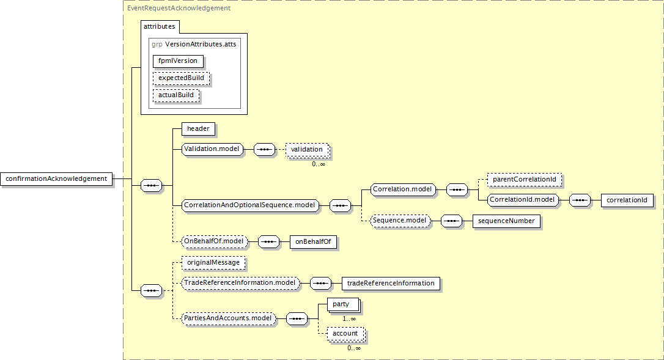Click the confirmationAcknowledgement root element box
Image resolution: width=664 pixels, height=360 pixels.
pyautogui.click(x=57, y=178)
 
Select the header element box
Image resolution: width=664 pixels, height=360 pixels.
pyautogui.click(x=198, y=129)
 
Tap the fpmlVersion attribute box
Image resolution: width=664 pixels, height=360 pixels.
pyautogui.click(x=178, y=61)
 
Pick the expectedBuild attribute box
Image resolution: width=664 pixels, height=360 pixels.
pyautogui.click(x=181, y=78)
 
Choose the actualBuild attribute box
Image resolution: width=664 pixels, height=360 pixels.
pyautogui.click(x=176, y=95)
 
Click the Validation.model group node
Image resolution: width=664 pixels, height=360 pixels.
pyautogui.click(x=212, y=149)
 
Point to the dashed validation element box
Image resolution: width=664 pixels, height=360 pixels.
pyautogui.click(x=307, y=150)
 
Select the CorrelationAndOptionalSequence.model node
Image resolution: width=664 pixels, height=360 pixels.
pyautogui.click(x=250, y=205)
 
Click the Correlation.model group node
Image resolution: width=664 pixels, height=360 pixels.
pyautogui.click(x=403, y=189)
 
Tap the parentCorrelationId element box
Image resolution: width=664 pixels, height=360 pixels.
pyautogui.click(x=525, y=180)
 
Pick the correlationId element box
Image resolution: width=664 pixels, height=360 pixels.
pyautogui.click(x=627, y=200)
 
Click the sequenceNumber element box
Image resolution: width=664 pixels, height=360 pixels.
pyautogui.click(x=506, y=221)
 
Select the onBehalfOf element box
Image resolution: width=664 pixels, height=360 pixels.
pyautogui.click(x=314, y=242)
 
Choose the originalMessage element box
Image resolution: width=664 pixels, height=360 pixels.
pyautogui.click(x=213, y=263)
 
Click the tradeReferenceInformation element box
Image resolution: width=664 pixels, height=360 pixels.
pyautogui.click(x=391, y=284)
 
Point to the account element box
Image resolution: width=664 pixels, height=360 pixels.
pyautogui.click(x=345, y=334)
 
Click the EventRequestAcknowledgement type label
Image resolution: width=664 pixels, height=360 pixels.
pyautogui.click(x=179, y=8)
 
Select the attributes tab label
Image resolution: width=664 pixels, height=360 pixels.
pyautogui.click(x=159, y=26)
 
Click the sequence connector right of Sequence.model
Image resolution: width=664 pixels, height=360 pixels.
pyautogui.click(x=451, y=221)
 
